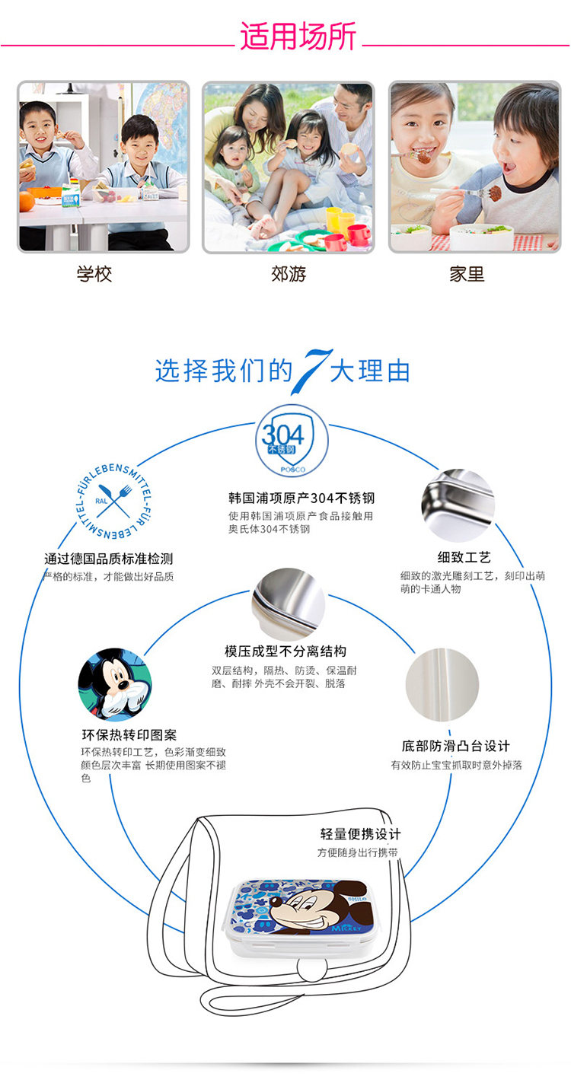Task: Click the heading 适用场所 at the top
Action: pyautogui.click(x=298, y=36)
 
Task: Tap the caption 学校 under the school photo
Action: pyautogui.click(x=94, y=274)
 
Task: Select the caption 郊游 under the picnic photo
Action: pyautogui.click(x=289, y=274)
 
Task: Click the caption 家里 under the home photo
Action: pyautogui.click(x=467, y=274)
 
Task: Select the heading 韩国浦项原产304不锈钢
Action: pyautogui.click(x=301, y=498)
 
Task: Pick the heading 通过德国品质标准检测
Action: pyautogui.click(x=109, y=559)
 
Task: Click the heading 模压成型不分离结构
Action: pyautogui.click(x=285, y=651)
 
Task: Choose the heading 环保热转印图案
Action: pyautogui.click(x=129, y=735)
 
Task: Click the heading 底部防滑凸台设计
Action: pyautogui.click(x=456, y=746)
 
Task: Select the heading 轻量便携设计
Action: pyautogui.click(x=360, y=834)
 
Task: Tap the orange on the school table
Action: pyautogui.click(x=27, y=201)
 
